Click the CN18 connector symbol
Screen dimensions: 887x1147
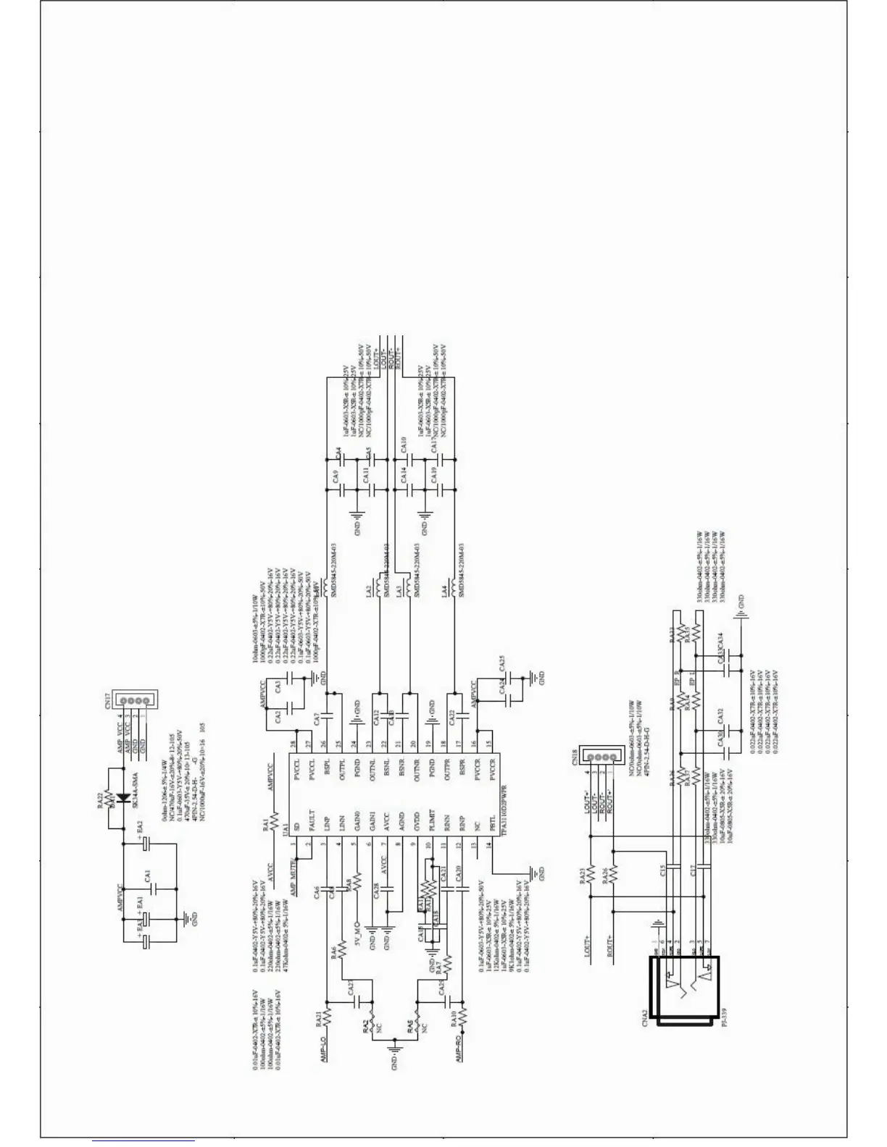tap(603, 758)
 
